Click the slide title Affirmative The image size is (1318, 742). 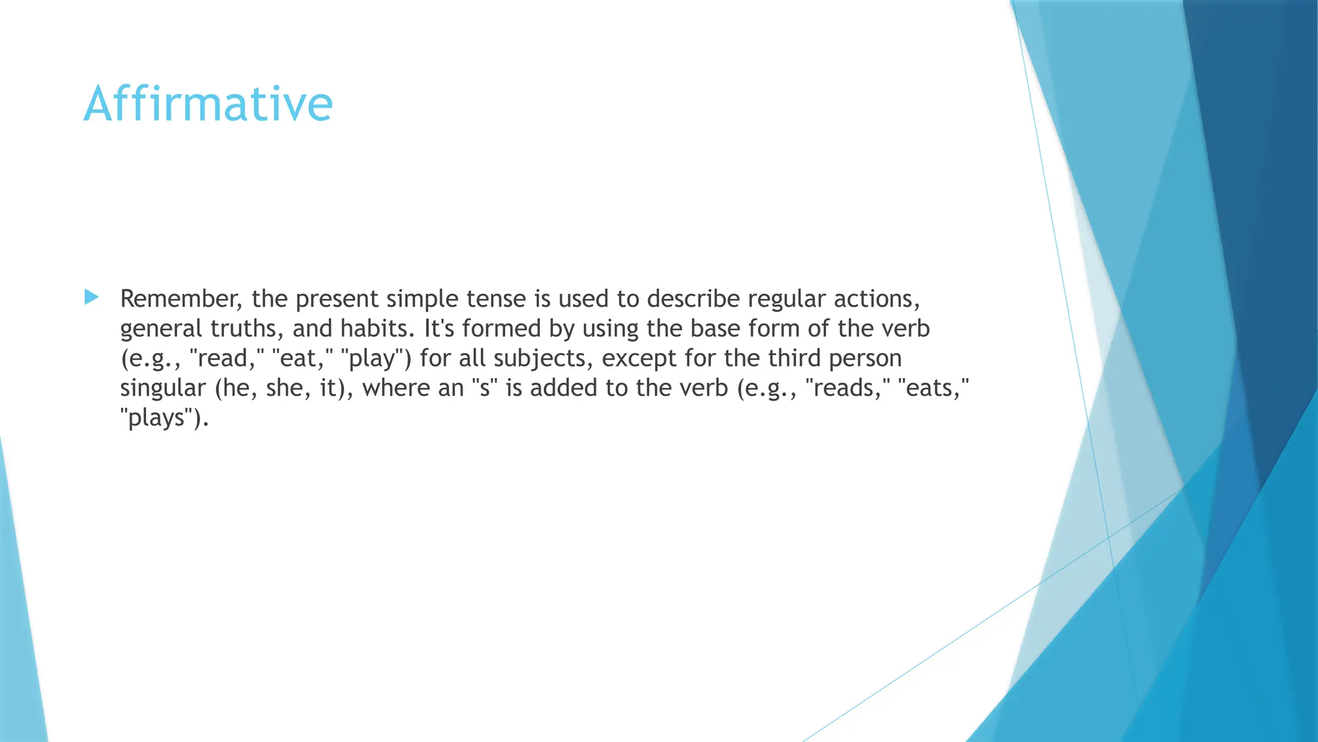coord(208,104)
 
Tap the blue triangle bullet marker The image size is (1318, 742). coord(91,298)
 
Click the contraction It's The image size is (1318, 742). coord(440,329)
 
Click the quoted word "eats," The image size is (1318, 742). coord(933,388)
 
